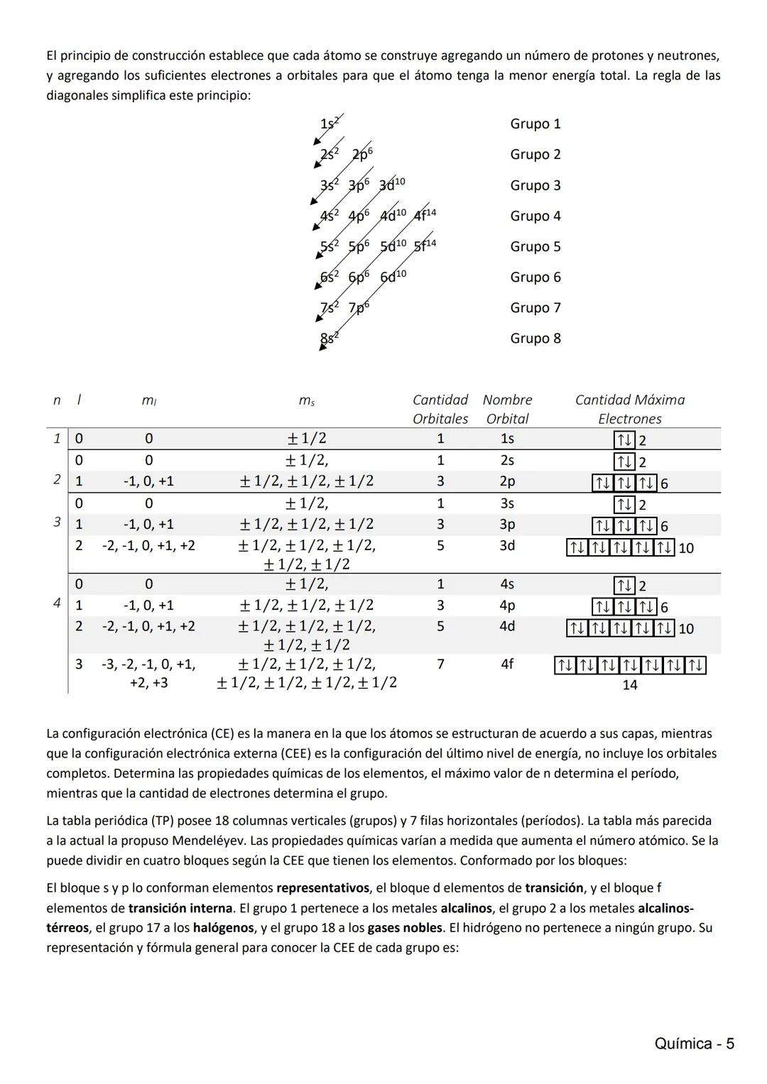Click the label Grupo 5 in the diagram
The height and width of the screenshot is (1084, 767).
tap(535, 246)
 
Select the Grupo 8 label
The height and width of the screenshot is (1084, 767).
tap(535, 338)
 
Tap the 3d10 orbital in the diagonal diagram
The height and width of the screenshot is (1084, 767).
tap(391, 185)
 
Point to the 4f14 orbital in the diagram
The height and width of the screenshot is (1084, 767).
tap(425, 215)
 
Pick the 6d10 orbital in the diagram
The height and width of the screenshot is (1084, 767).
tap(393, 277)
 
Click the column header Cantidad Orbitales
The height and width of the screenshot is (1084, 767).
tap(440, 409)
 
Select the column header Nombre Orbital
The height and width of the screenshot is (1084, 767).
tap(507, 409)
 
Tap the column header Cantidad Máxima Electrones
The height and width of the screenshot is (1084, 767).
tap(630, 409)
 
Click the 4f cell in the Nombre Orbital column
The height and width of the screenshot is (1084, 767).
tap(507, 664)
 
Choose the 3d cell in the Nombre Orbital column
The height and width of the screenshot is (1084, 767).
tap(507, 545)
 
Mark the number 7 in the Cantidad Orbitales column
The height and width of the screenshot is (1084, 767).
tap(440, 664)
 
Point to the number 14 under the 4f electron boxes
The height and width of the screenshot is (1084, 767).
tap(630, 685)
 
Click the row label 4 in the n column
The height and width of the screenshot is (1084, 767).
tap(57, 603)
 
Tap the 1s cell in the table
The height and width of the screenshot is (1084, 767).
tap(507, 439)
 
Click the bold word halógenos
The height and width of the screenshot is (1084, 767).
tap(223, 928)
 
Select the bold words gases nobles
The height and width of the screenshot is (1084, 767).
tap(405, 928)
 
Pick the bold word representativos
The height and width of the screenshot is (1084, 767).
tap(323, 888)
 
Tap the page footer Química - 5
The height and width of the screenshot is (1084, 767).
tap(694, 1044)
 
